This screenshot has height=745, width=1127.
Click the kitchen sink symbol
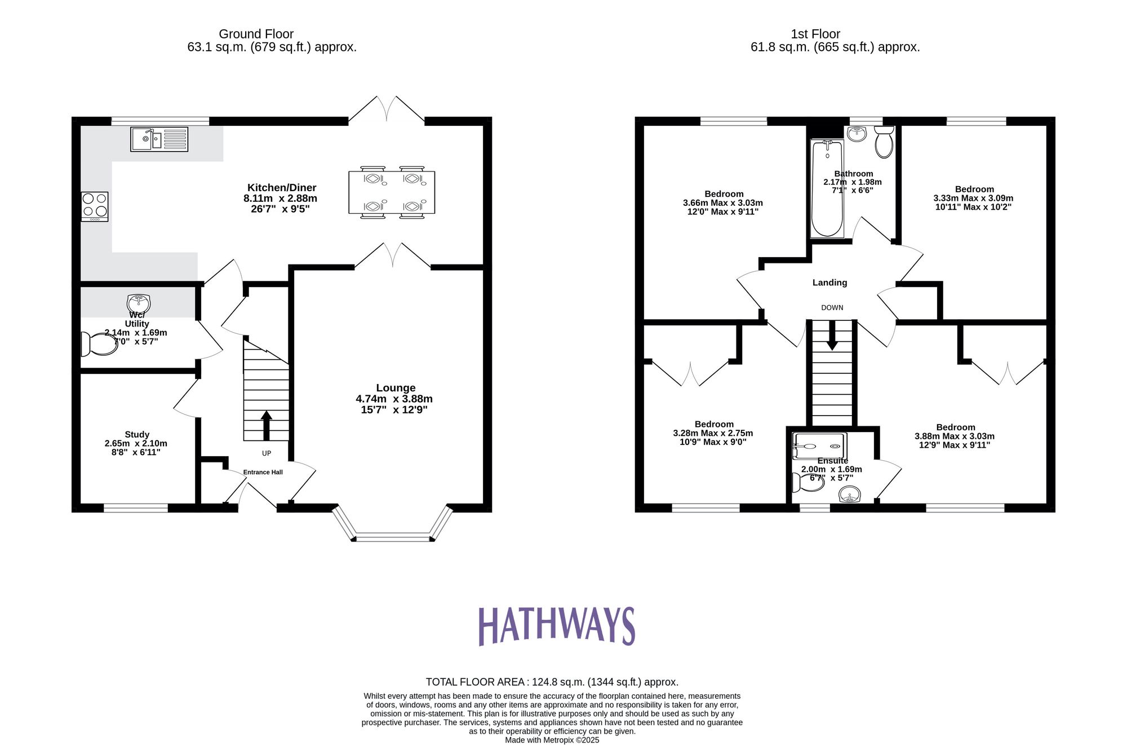159,139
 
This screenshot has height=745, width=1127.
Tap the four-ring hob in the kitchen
95,206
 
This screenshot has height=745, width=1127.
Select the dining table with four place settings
392,192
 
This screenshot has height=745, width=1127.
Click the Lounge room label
396,388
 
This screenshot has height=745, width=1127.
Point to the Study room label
137,434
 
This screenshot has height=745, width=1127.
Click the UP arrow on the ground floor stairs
267,425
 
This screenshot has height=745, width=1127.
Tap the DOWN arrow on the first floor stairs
832,338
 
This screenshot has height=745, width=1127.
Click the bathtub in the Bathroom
827,189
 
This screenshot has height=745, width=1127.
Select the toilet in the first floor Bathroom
884,142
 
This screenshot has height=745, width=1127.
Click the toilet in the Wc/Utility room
100,344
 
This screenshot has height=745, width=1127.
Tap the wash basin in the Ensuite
850,496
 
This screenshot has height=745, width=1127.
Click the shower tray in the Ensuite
819,446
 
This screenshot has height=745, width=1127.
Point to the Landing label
829,283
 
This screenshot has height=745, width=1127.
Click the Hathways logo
557,625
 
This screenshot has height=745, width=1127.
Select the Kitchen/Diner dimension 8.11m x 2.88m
280,199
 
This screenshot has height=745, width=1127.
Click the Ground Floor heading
256,34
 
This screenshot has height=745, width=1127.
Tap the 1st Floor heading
815,34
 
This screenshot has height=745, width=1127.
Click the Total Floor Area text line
552,682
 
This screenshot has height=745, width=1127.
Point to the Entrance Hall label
263,472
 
